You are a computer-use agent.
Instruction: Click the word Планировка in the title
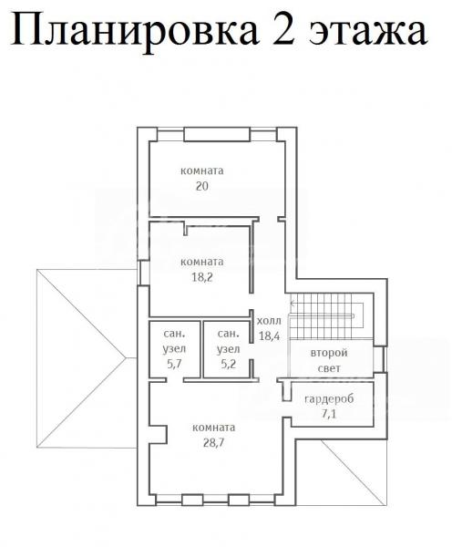click(x=135, y=31)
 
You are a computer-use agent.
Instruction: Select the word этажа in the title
click(x=367, y=33)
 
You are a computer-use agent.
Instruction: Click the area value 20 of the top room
click(x=202, y=186)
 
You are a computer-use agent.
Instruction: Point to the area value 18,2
click(x=202, y=277)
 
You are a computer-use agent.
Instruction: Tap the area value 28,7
click(x=214, y=442)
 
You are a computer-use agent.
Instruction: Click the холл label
click(x=269, y=321)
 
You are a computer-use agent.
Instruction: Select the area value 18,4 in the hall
click(x=269, y=335)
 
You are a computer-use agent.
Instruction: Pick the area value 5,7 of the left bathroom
click(x=174, y=364)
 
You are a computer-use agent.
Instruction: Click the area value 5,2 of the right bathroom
click(x=229, y=364)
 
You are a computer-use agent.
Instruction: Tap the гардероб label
click(x=329, y=398)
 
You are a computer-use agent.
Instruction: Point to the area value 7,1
click(x=329, y=414)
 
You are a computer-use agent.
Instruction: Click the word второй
click(x=329, y=353)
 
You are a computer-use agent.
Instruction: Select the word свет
click(x=329, y=368)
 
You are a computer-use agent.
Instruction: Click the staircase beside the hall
click(x=327, y=315)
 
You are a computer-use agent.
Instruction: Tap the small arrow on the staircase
click(x=293, y=304)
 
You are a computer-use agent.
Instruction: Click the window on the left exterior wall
click(x=143, y=273)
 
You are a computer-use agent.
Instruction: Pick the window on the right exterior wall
click(x=381, y=360)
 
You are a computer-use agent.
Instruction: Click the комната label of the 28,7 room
click(x=214, y=428)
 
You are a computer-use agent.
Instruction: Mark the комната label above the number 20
click(x=202, y=171)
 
